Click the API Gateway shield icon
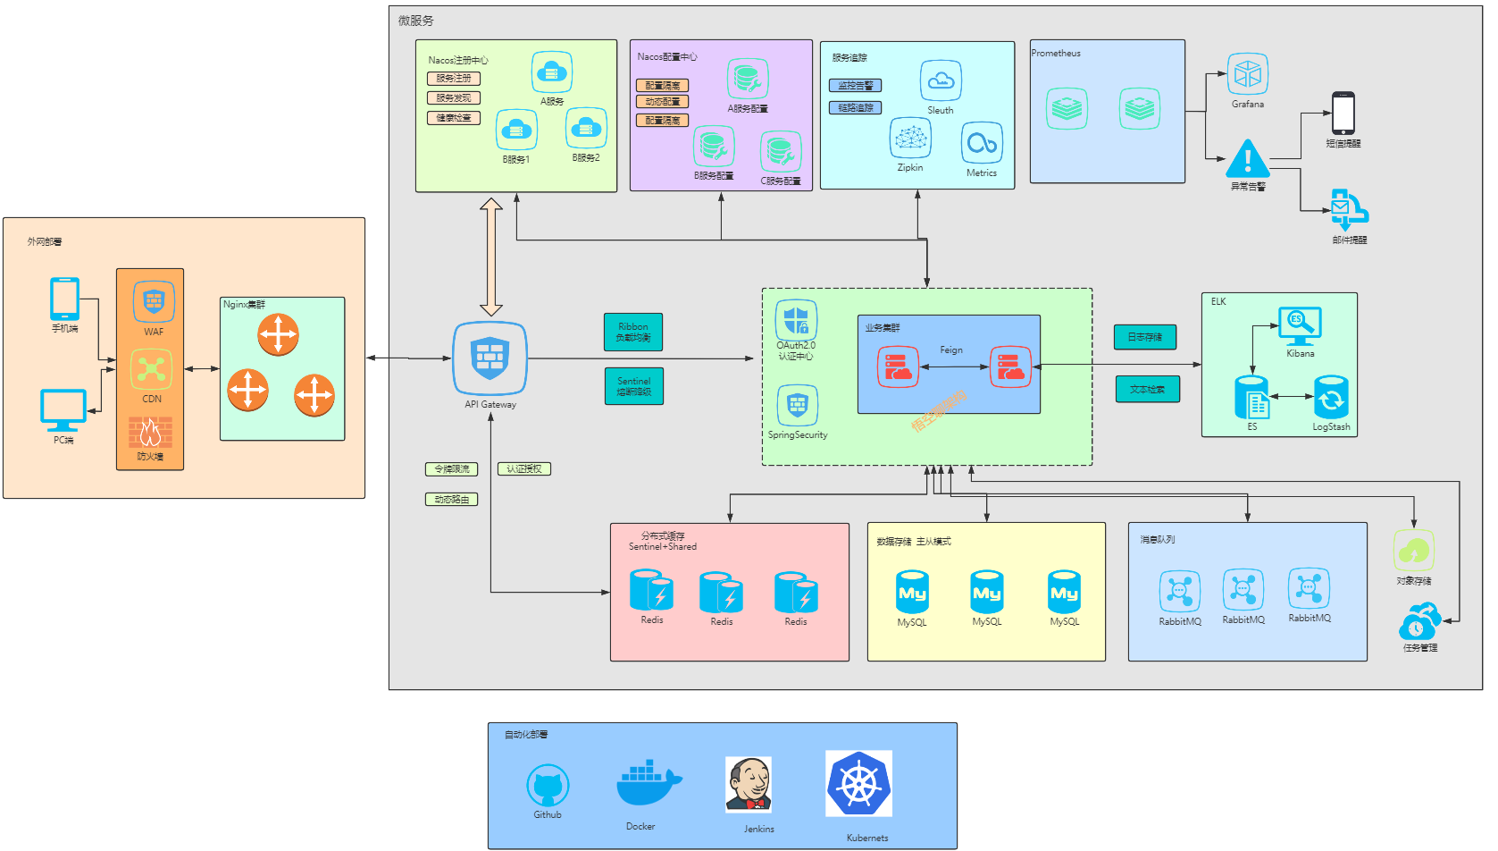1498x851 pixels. click(490, 358)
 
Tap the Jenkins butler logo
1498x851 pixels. click(749, 784)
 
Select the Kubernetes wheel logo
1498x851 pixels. click(858, 783)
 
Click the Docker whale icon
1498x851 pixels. click(648, 783)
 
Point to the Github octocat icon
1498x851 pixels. click(548, 786)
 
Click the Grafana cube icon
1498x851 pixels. click(1248, 74)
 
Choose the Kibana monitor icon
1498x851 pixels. click(1300, 326)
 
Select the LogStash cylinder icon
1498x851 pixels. click(1331, 398)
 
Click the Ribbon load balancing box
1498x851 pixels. click(633, 333)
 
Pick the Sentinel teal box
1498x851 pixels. click(633, 386)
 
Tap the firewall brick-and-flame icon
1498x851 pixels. click(150, 433)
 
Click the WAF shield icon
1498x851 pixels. click(154, 302)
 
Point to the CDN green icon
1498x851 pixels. click(152, 369)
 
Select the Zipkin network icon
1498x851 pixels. click(910, 139)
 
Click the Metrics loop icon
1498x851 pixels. click(982, 143)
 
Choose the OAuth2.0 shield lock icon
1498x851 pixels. click(796, 320)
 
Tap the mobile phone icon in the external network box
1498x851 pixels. click(64, 299)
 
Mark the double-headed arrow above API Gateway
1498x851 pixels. click(490, 257)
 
